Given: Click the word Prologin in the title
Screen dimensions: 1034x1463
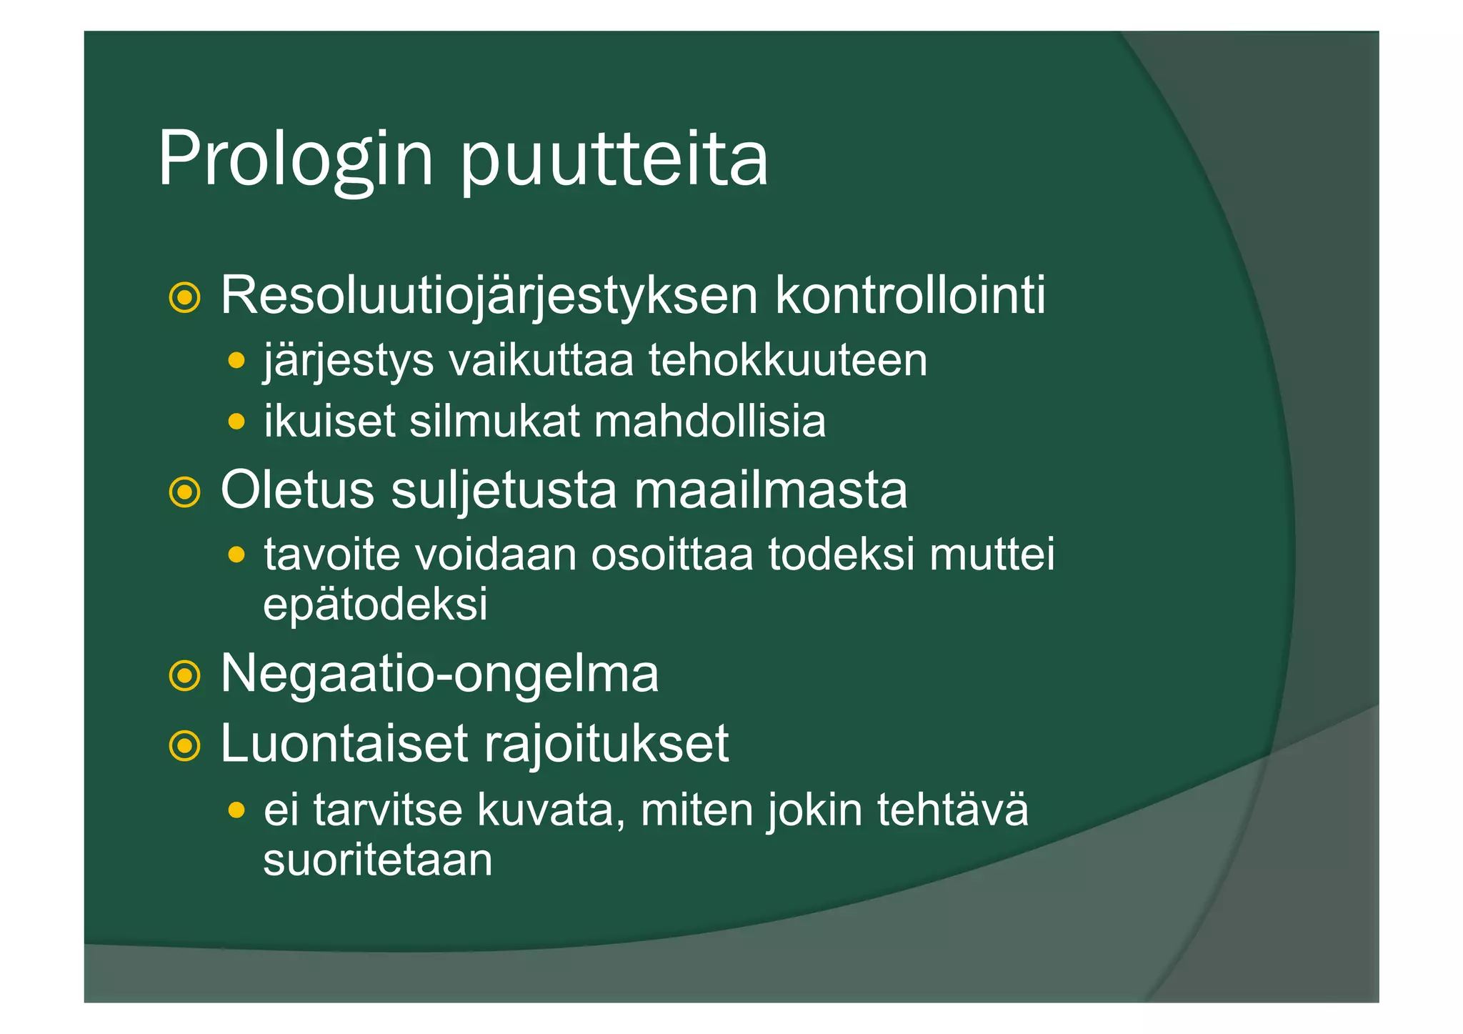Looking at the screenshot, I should pos(294,159).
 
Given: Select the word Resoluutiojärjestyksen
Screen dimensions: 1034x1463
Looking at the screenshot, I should pos(489,296).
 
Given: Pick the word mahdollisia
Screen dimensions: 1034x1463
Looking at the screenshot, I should pos(709,421).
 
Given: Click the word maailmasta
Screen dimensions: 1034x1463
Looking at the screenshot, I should pos(771,490).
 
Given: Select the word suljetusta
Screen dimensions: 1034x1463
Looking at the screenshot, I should pos(504,490).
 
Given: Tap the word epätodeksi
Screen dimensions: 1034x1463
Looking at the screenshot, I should pos(375,605).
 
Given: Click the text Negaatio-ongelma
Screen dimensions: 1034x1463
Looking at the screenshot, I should pos(439,674).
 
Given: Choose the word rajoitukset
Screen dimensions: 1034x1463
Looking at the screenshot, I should pos(606,744).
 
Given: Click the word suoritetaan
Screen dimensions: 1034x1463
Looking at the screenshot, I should pos(378,860).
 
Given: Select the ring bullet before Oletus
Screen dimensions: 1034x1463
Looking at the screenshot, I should pos(184,492).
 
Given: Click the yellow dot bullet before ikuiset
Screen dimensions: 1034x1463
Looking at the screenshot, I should pos(236,422).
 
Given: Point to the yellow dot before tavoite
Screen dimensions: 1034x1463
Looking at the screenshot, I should pos(236,555).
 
